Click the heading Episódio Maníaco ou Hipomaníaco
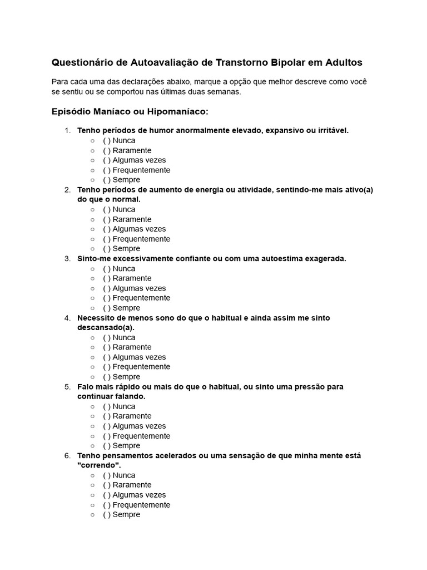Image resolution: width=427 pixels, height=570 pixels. pos(130,111)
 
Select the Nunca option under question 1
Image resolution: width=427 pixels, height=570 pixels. pos(107,140)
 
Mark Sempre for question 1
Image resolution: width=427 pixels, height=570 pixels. pos(107,180)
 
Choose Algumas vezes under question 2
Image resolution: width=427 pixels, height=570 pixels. pos(107,229)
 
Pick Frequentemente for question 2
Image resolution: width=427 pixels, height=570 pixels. pos(107,239)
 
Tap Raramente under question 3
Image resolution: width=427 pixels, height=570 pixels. pos(107,278)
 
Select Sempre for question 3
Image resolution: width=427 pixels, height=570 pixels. pos(107,308)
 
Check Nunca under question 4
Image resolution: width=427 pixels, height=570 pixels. pos(107,337)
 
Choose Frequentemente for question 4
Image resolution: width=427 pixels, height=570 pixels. pos(107,367)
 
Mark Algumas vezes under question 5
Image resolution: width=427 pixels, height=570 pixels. pos(107,426)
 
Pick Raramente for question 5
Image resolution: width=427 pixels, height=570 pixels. pos(107,416)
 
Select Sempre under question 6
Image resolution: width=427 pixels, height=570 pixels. pos(107,514)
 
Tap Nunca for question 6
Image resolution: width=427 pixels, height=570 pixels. pos(107,475)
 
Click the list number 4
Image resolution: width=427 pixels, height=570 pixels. pos(67,318)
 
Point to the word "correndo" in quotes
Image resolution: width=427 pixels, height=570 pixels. pos(99,465)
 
